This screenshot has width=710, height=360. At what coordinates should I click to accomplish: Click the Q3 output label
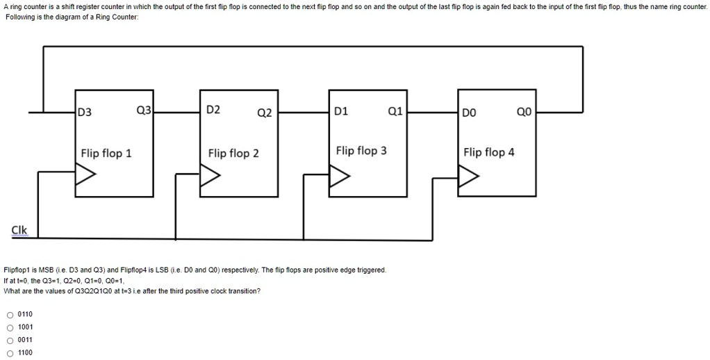tap(144, 109)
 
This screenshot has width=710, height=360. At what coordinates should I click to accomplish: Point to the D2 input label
tap(213, 110)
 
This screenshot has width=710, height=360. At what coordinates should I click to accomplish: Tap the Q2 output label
tap(264, 113)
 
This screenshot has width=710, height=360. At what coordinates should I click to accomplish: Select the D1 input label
tap(342, 111)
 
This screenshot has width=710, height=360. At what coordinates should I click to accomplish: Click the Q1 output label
tap(395, 110)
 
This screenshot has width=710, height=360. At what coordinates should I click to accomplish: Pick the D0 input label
tap(470, 112)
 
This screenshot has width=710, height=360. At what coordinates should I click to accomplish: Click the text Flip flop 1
tap(106, 153)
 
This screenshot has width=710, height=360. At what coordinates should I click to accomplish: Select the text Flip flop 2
tap(233, 153)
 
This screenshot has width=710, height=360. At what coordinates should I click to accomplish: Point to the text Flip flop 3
tap(361, 150)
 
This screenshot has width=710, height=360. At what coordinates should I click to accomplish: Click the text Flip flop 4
tap(489, 152)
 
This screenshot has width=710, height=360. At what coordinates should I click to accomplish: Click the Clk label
tap(19, 230)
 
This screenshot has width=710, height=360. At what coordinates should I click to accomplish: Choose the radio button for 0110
tap(9, 314)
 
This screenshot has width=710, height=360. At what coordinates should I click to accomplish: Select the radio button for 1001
tap(9, 327)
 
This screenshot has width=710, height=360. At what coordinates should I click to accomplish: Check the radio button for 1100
tap(9, 352)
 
